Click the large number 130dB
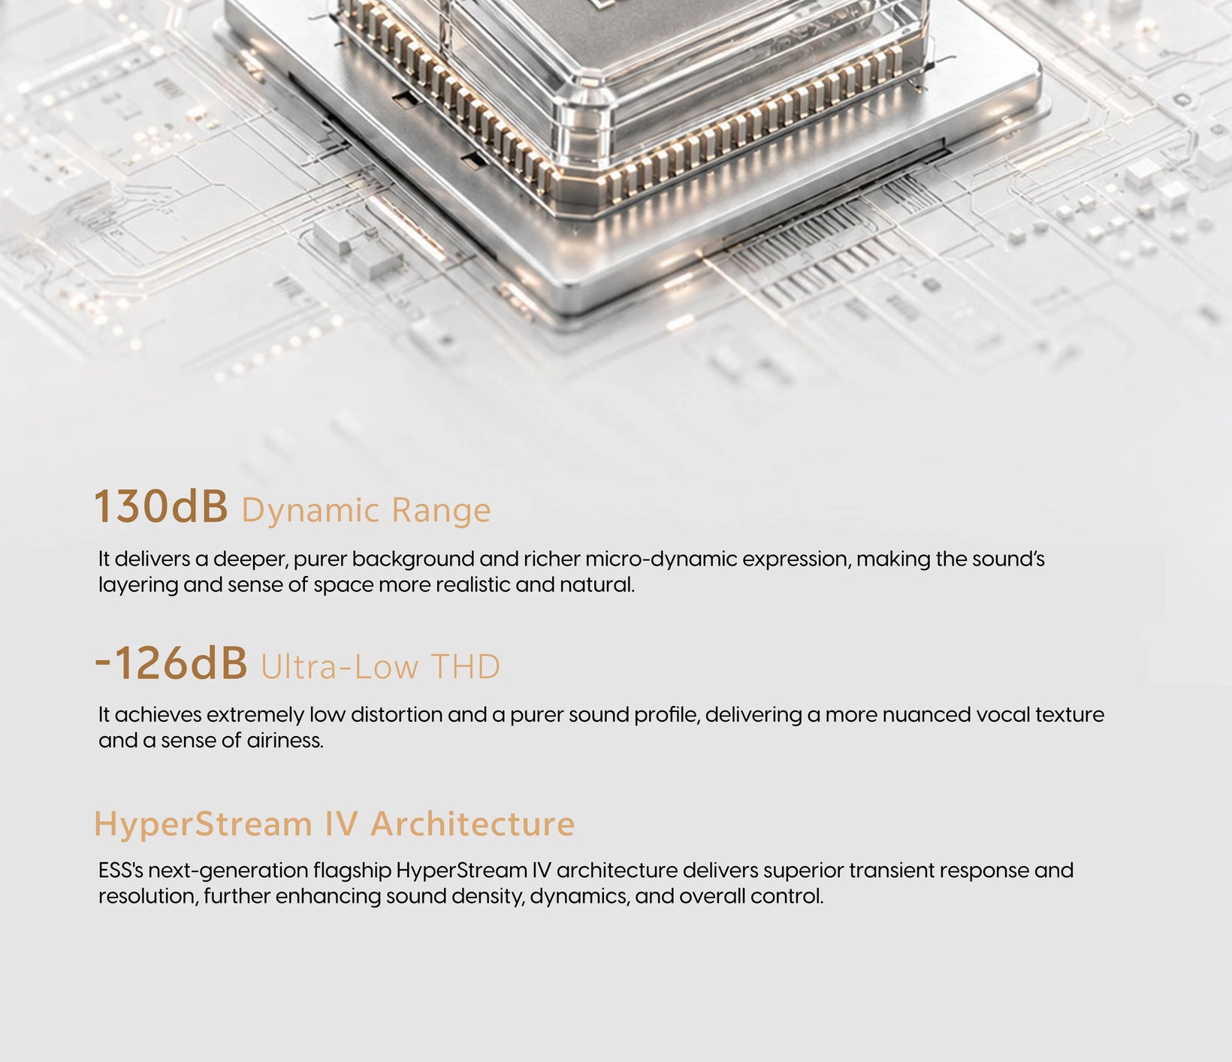(x=161, y=506)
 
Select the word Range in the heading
(x=441, y=511)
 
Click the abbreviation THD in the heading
(x=465, y=667)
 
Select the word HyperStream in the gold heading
(x=203, y=825)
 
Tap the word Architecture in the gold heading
(x=473, y=824)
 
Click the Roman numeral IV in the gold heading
(x=341, y=824)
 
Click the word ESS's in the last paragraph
(x=121, y=870)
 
